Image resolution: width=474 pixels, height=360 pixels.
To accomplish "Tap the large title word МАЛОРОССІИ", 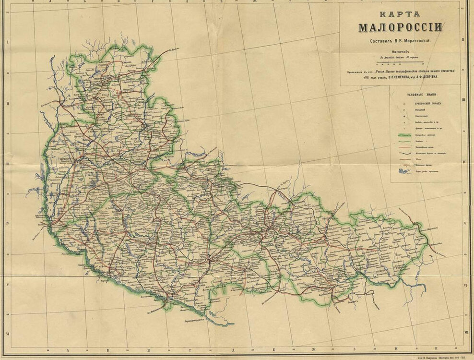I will point(400,27).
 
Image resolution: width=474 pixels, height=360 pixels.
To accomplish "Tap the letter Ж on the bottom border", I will point(326,349).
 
